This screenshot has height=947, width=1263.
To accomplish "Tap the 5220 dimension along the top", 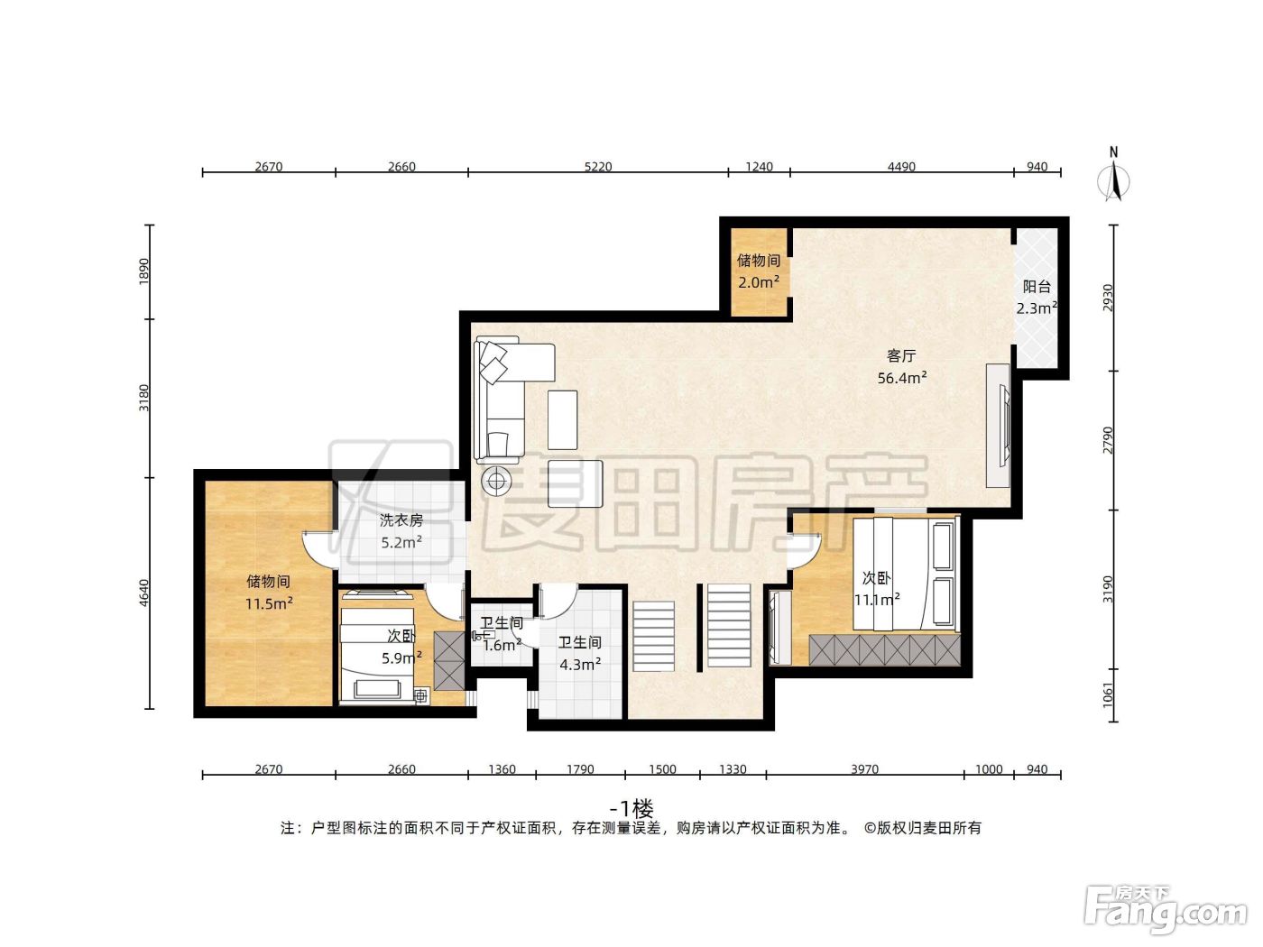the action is (598, 167).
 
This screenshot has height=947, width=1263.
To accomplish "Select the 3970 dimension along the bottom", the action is (864, 769).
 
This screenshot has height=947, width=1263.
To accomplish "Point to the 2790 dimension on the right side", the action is (1108, 440).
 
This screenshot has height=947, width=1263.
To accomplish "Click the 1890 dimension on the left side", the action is (143, 271).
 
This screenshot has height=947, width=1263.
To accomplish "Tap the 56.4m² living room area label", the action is (901, 378).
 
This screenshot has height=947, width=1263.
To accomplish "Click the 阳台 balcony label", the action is (1037, 286).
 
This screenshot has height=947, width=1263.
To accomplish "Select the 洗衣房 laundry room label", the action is (401, 520).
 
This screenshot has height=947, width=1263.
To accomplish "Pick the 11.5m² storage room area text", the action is (269, 603).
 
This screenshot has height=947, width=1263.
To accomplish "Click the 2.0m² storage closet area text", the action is (759, 282).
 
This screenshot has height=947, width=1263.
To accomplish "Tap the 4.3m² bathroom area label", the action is (580, 665).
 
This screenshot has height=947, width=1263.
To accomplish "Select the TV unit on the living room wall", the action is (999, 426).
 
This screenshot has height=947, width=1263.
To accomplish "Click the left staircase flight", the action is (654, 636).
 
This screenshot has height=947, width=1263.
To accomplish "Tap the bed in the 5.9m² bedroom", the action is (377, 656).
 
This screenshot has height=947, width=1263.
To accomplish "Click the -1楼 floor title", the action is (631, 809).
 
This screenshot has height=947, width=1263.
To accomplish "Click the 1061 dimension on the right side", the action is (1108, 695).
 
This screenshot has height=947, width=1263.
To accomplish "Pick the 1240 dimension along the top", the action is (759, 167).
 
